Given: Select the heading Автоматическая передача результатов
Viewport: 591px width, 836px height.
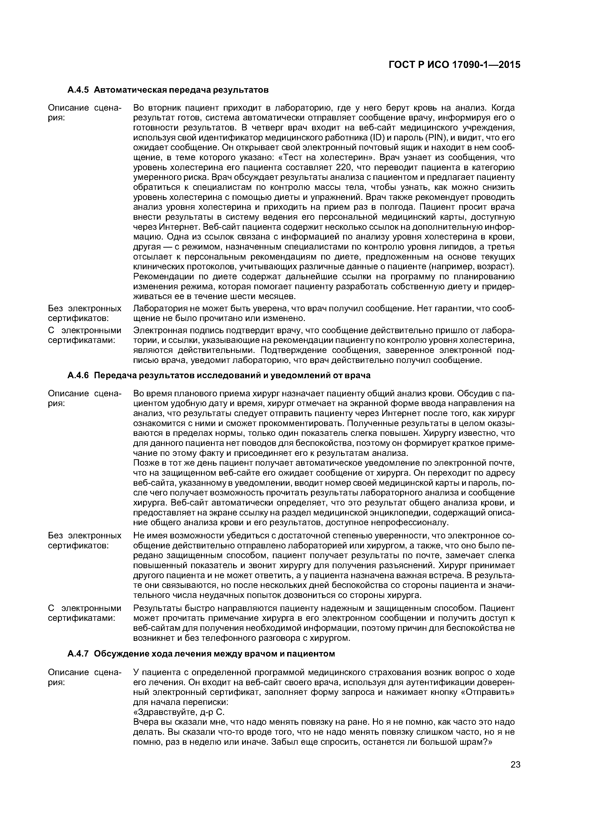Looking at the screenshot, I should [181, 90].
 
